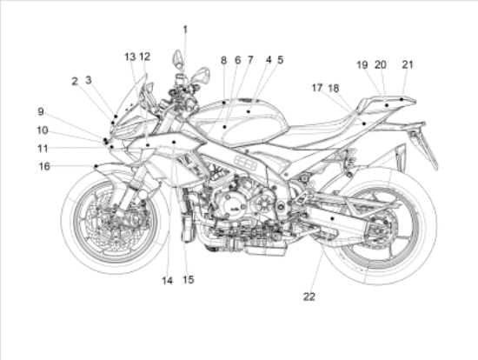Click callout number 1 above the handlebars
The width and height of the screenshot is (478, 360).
tap(185, 30)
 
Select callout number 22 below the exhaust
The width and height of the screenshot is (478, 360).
tap(309, 297)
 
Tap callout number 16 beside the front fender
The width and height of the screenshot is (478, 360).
tap(44, 166)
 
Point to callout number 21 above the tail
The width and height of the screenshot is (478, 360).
tap(408, 64)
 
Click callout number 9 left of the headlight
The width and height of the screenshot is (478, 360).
tap(41, 111)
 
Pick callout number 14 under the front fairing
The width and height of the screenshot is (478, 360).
tap(167, 281)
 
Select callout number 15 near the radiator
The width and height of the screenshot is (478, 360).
tap(189, 280)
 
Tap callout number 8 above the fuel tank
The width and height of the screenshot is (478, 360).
tap(223, 60)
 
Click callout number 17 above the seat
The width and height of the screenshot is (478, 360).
tap(317, 88)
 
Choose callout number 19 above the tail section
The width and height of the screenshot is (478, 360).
tap(362, 64)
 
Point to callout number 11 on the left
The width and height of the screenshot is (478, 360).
tap(43, 149)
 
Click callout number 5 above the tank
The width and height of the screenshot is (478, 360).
tap(280, 60)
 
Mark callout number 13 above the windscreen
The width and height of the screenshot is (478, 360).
tap(129, 57)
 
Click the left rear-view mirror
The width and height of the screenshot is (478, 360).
tap(177, 57)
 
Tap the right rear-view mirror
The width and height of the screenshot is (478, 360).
tap(202, 74)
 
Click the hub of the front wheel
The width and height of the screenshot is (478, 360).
tap(116, 219)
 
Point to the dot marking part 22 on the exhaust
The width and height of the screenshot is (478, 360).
tap(333, 218)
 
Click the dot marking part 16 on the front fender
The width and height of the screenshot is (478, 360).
tap(96, 166)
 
